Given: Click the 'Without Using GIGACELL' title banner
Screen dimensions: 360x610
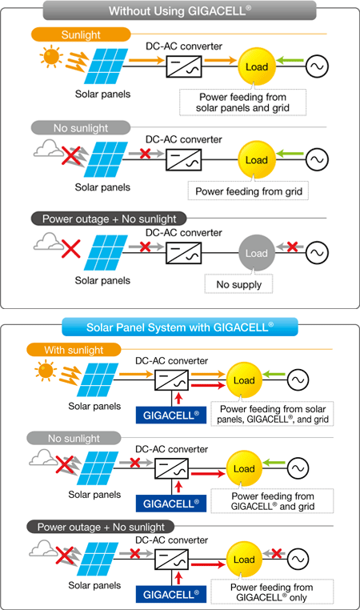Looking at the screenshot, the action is (x=180, y=10).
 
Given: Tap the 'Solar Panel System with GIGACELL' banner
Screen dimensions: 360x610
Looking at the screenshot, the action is (x=180, y=327).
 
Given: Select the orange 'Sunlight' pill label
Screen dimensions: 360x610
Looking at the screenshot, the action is (x=81, y=34).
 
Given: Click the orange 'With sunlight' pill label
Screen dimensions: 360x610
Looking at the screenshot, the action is (x=74, y=350).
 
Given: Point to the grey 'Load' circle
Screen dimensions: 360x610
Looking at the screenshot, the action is (x=257, y=253).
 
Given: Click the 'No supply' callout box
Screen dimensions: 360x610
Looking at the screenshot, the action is (x=238, y=284).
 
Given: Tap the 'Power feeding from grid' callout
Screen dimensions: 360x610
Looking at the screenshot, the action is (x=249, y=191).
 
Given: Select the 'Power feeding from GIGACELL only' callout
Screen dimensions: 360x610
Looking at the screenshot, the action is (x=272, y=592).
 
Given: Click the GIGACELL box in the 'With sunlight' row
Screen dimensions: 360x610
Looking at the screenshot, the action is (x=171, y=415).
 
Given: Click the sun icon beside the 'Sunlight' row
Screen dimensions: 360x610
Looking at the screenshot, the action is (x=51, y=56).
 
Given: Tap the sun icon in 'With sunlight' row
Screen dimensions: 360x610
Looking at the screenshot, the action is (x=46, y=371).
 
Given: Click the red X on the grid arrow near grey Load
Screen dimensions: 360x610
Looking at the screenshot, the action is (x=292, y=247).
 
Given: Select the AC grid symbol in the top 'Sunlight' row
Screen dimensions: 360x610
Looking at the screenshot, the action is (x=317, y=66).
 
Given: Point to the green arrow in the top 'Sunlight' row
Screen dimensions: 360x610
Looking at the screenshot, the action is (x=290, y=60).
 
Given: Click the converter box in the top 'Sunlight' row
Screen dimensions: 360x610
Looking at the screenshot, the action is (x=184, y=66).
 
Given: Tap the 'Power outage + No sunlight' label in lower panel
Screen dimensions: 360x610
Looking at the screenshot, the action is (x=101, y=527).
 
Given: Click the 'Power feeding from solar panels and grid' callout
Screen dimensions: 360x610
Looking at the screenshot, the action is (x=242, y=102).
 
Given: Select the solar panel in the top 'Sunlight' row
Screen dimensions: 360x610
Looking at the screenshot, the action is (x=106, y=66).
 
